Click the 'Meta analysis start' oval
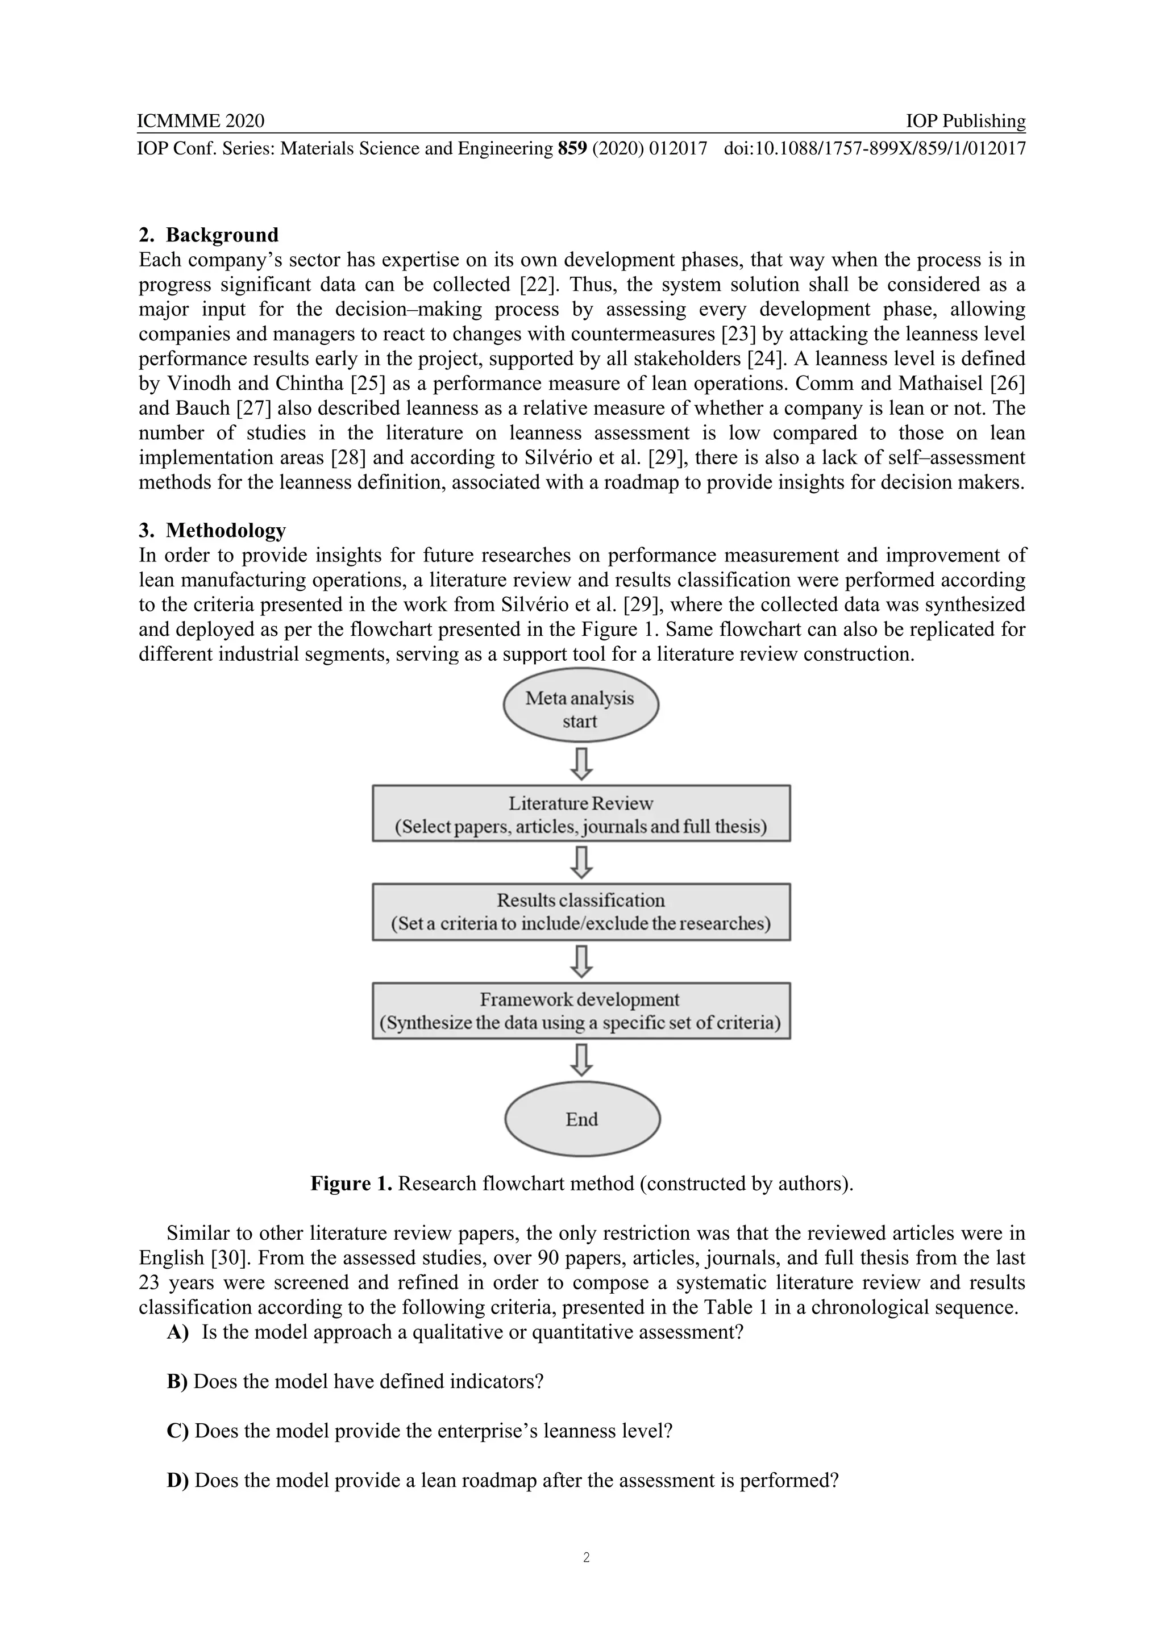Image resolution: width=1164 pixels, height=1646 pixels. click(x=580, y=709)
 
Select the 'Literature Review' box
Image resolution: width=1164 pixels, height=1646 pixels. click(x=581, y=814)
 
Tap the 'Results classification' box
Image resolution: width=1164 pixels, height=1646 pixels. click(x=581, y=911)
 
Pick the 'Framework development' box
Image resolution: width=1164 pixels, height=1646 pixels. click(x=581, y=1010)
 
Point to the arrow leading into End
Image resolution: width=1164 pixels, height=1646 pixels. click(x=581, y=1060)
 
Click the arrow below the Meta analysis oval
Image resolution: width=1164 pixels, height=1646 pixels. click(x=581, y=764)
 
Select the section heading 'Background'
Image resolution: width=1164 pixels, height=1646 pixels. click(x=222, y=235)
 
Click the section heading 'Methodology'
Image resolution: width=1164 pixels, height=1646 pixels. click(x=225, y=531)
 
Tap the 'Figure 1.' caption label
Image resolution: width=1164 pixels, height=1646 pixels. click(x=351, y=1184)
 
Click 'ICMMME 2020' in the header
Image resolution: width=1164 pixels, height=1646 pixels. click(x=201, y=120)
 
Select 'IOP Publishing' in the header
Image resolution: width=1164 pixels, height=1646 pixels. click(x=965, y=120)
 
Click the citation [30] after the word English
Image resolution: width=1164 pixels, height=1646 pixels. click(x=228, y=1257)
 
